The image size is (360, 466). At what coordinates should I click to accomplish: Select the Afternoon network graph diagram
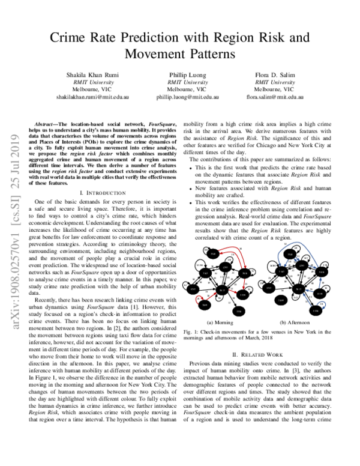tap(296, 280)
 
